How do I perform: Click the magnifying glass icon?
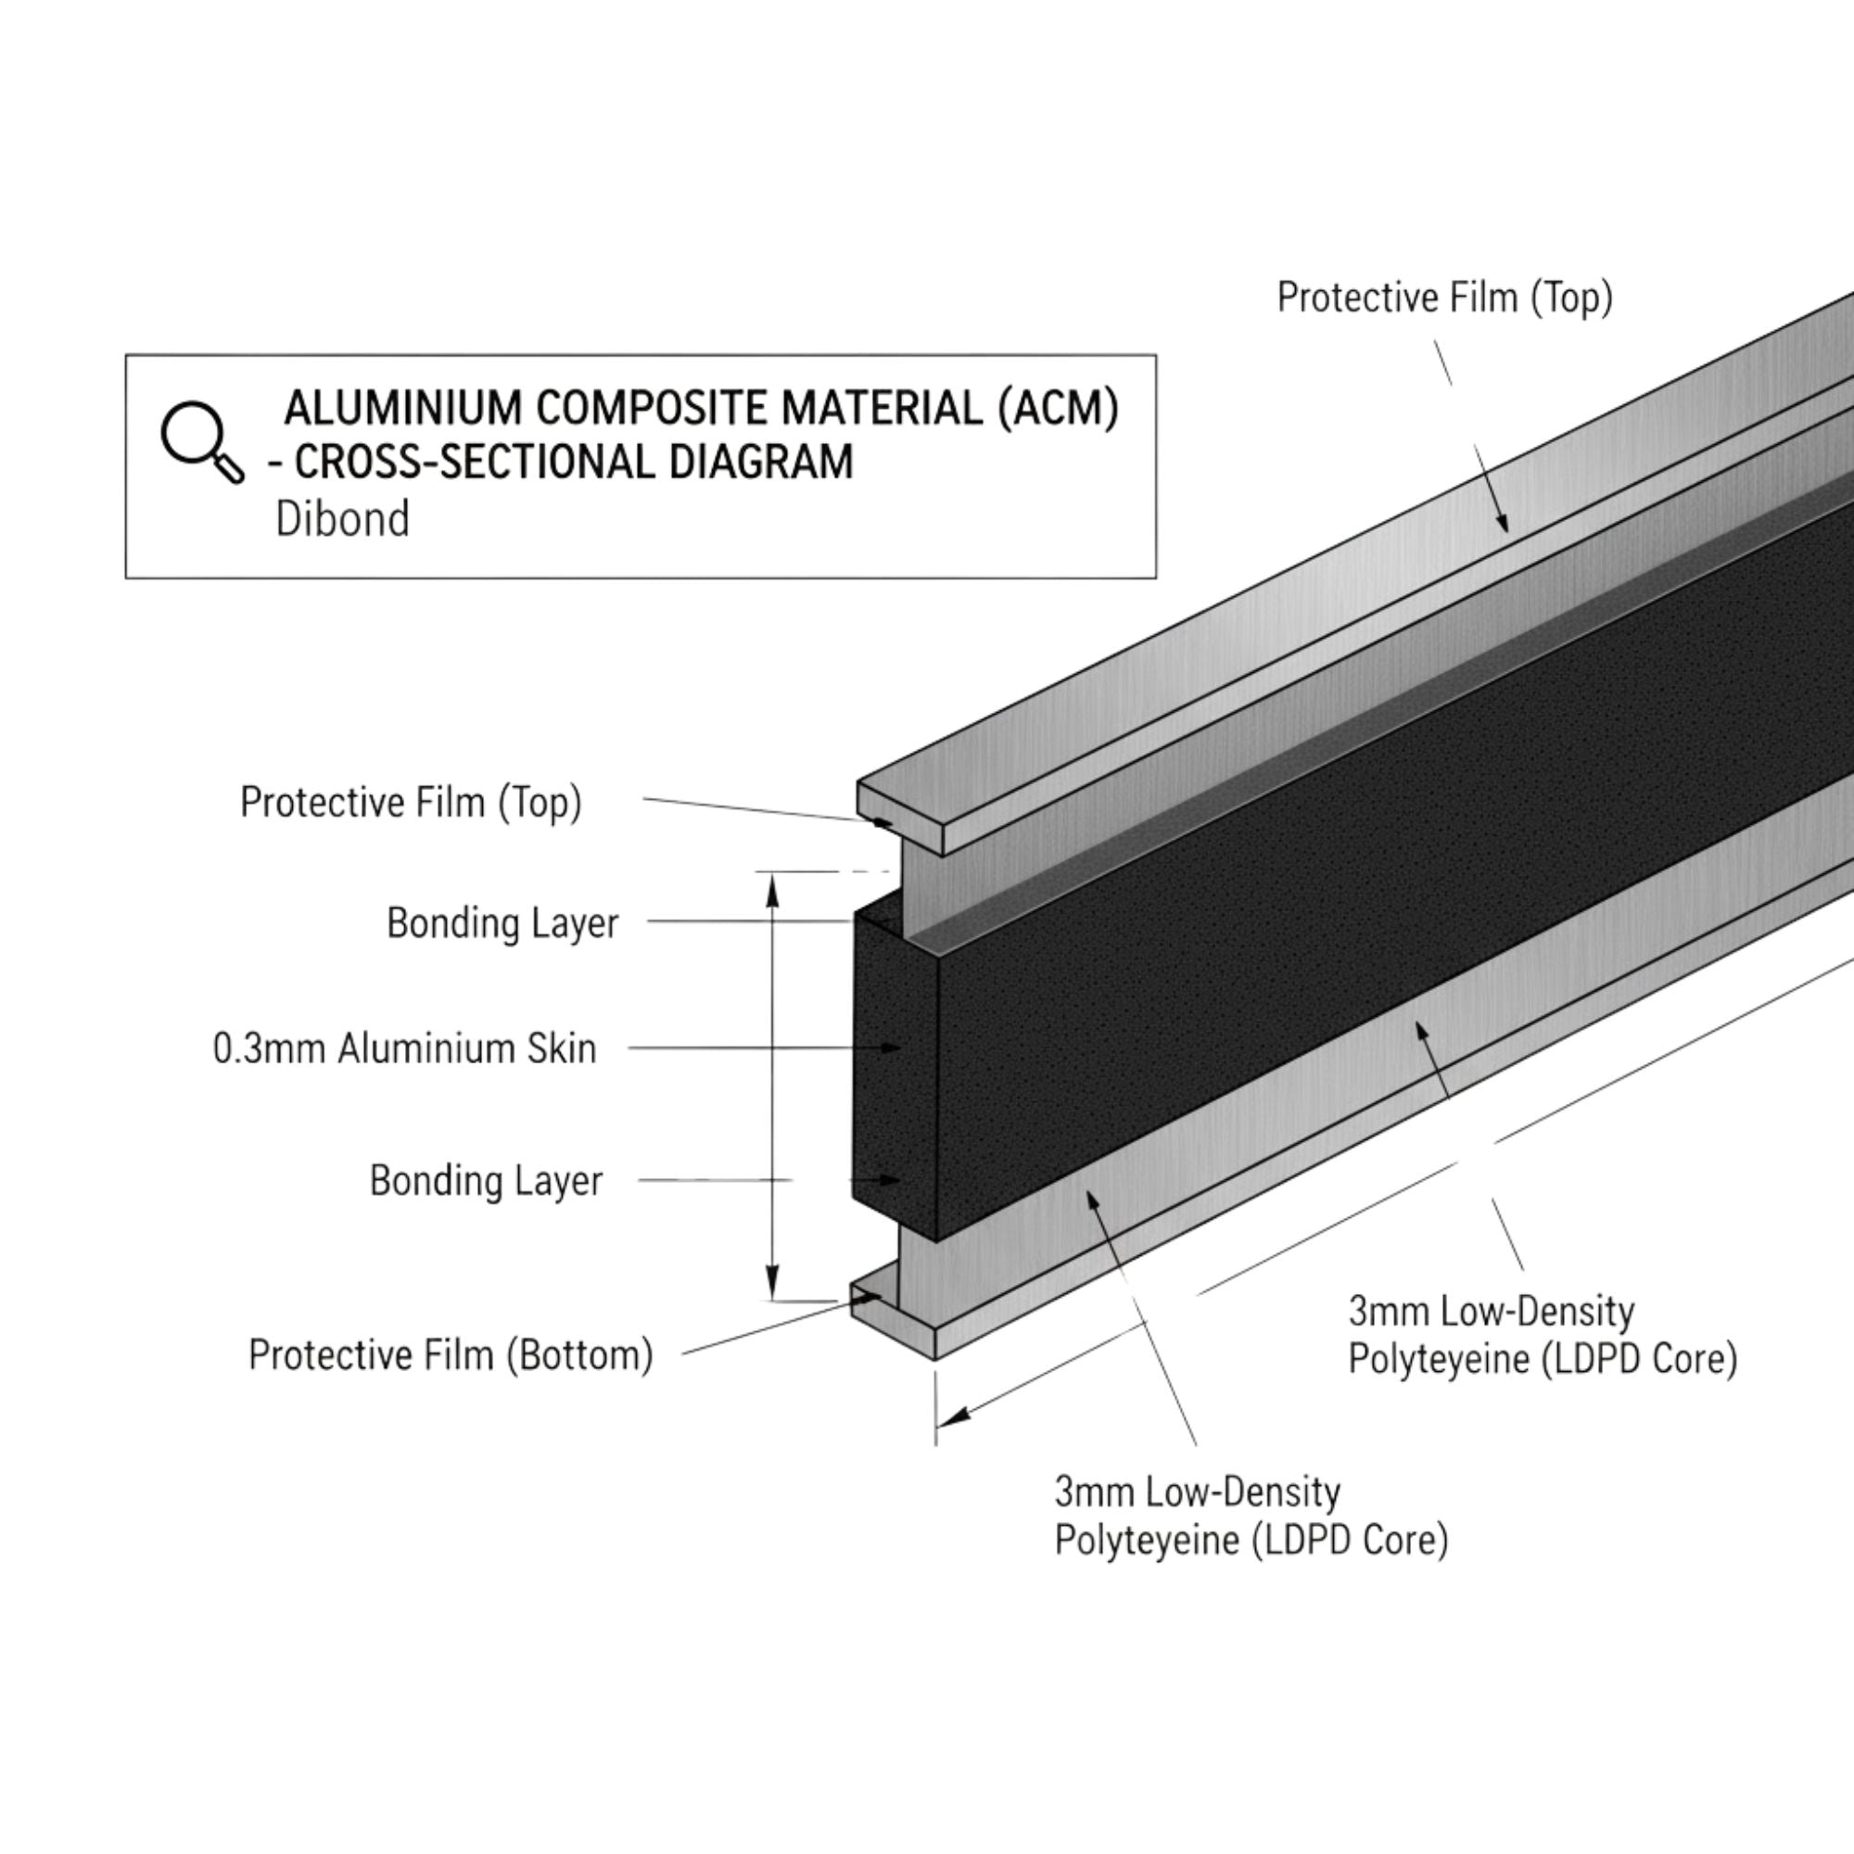[200, 440]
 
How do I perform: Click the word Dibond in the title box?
[343, 519]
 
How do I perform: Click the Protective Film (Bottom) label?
[451, 1355]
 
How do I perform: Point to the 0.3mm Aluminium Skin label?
[404, 1048]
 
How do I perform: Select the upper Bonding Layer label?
[502, 923]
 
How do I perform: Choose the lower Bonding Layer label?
[486, 1180]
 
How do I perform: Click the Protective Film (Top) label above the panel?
[1444, 298]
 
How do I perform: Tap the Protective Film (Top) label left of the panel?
[411, 802]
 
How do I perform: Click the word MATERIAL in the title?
[882, 408]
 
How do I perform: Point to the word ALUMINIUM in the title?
[403, 408]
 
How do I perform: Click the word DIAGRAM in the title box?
[760, 462]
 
